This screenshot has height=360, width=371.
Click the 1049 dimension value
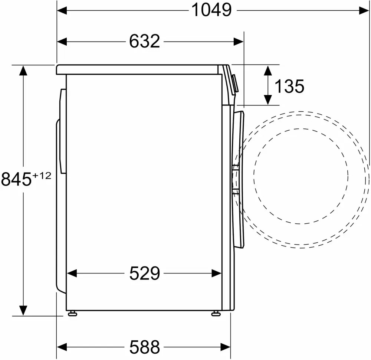click(211, 10)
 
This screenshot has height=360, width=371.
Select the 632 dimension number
click(145, 42)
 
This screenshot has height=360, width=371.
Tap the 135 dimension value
click(289, 86)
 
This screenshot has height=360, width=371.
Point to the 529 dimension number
click(145, 274)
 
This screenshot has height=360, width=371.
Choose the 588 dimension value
click(145, 347)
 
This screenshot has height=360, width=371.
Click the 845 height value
click(16, 179)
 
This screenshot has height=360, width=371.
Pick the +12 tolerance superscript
click(42, 176)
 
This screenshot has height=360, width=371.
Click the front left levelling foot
click(216, 314)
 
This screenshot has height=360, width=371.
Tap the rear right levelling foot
click(72, 314)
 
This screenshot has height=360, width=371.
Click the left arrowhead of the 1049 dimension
click(62, 10)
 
